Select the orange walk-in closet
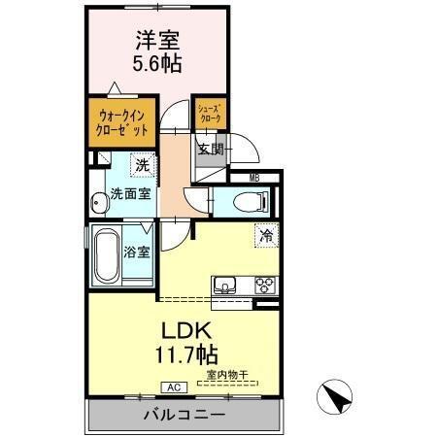123,121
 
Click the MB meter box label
254,178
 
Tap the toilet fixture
244,203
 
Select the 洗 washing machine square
143,165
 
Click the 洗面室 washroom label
129,193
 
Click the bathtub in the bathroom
106,254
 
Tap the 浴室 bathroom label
137,252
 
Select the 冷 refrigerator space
265,234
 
